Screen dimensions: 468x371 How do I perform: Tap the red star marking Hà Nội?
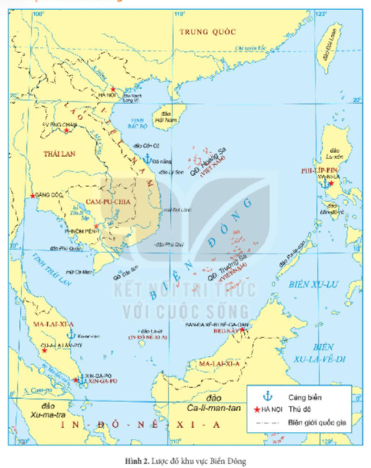click(113, 90)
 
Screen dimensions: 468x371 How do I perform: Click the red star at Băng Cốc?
click(32, 197)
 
